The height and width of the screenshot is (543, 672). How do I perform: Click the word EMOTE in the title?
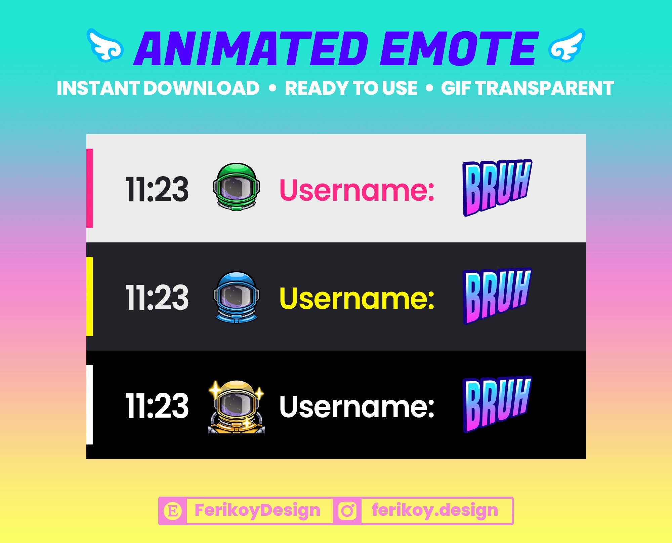point(459,49)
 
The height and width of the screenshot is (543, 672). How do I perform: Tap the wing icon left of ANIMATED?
point(105,45)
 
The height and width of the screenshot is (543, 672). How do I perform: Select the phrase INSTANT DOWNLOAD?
point(158,88)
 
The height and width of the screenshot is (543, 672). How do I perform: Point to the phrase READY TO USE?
point(351,88)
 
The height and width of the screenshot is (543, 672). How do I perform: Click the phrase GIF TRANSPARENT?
point(527,88)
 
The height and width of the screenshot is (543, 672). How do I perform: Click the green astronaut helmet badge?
point(237,187)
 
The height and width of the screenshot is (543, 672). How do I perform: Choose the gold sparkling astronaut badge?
point(237,407)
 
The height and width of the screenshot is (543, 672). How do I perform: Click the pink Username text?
point(357,190)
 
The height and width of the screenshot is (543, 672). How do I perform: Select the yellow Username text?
point(357,298)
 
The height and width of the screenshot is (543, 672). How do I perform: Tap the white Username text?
point(357,406)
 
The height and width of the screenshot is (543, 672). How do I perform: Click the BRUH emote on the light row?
point(497,187)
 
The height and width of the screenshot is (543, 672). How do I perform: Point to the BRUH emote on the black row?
point(497,404)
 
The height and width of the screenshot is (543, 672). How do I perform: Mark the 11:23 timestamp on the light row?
point(157,190)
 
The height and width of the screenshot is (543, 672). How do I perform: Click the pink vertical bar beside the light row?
point(90,188)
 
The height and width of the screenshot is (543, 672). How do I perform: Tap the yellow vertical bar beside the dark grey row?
point(90,297)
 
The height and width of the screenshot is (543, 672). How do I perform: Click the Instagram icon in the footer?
point(347,511)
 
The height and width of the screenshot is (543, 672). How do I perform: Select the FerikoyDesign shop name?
point(257,510)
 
